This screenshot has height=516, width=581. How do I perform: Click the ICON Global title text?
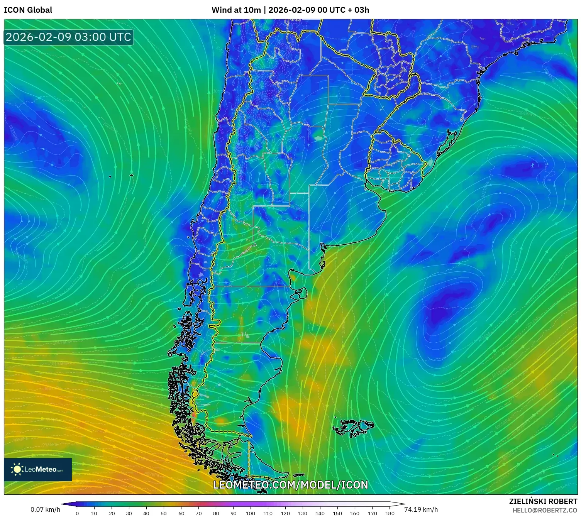pos(28,10)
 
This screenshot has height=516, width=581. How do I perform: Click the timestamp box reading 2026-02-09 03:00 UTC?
pos(68,37)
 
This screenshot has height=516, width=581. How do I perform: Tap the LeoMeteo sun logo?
pos(17,469)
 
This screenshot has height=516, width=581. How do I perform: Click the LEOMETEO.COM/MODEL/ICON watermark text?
pos(290,485)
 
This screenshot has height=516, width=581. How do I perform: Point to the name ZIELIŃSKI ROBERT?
pos(543,501)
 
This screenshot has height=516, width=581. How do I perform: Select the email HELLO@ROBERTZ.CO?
pos(544,510)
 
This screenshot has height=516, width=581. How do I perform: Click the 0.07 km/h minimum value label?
pos(45,509)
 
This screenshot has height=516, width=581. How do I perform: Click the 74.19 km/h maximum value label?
pos(421,509)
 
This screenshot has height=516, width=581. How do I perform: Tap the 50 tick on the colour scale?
pos(164,513)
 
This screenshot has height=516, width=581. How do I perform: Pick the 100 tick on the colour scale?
pos(251,513)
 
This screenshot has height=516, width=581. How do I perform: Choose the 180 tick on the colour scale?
pos(390,513)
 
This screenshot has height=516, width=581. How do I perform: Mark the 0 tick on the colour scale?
pos(77,513)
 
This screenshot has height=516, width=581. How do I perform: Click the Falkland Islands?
pos(353,428)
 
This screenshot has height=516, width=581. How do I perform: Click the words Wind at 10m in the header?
pos(236,10)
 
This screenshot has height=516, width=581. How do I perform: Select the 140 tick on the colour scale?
pos(320,513)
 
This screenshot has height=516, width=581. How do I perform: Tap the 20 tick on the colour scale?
pos(112,513)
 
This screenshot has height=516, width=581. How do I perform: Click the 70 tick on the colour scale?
pos(198,513)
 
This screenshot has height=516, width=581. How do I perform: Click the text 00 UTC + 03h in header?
pos(343,10)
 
